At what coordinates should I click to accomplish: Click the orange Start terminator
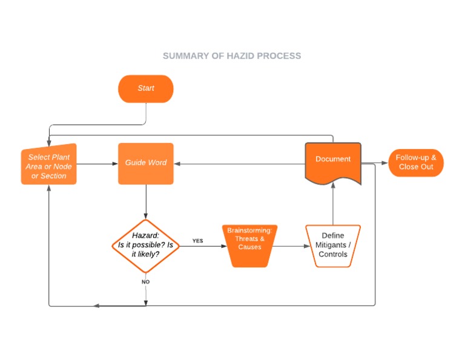(145, 88)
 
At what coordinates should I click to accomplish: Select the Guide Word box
(145, 163)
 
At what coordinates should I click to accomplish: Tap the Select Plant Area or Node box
(48, 166)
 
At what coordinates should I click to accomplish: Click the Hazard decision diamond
(145, 245)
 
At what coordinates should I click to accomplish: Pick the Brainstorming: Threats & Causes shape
(249, 245)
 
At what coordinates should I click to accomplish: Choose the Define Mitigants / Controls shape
(332, 245)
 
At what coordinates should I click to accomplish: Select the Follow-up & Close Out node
(415, 162)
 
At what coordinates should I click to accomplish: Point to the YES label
(198, 241)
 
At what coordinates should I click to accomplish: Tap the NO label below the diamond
(145, 282)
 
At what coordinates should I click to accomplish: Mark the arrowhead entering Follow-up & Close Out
(385, 163)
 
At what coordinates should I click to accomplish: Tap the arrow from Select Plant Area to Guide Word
(97, 163)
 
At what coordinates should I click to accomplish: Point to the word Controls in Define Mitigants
(333, 255)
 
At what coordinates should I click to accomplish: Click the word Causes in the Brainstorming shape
(249, 247)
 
